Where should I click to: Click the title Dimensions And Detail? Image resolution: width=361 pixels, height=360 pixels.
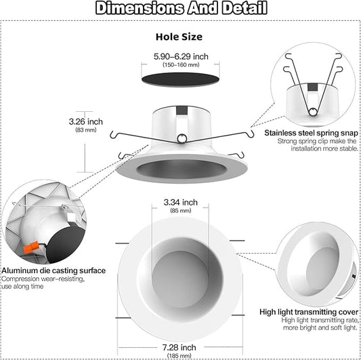coord(180,9)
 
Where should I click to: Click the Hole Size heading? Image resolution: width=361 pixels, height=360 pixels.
coord(179,36)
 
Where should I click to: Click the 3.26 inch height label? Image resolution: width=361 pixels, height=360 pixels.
coord(86,121)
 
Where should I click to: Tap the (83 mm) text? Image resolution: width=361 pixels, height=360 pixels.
coord(86,129)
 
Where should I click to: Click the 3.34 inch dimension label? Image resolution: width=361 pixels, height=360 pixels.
coord(180,202)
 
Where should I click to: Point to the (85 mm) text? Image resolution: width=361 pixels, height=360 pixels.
coord(180,210)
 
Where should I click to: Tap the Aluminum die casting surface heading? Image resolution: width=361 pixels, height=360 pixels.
coord(54,271)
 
